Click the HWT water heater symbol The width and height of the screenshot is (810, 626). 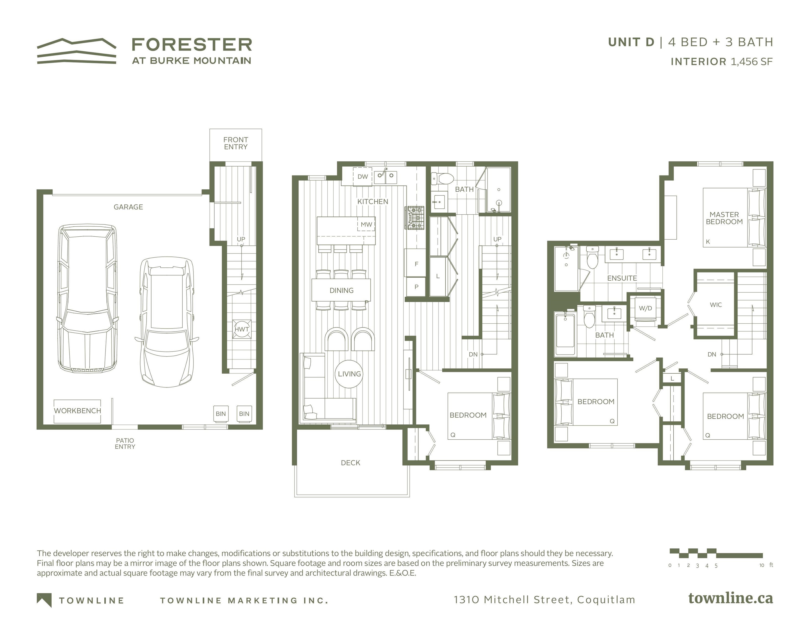click(242, 329)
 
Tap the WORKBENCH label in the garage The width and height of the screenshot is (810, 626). click(77, 411)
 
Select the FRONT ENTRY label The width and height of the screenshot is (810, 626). click(236, 143)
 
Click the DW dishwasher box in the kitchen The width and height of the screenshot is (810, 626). click(362, 177)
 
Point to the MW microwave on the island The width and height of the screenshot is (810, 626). click(366, 224)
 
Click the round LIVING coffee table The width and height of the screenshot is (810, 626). click(349, 374)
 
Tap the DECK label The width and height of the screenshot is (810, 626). click(351, 462)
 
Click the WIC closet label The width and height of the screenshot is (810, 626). click(716, 305)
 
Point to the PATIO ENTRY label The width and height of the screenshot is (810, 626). click(125, 443)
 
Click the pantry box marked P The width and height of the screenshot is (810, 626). click(416, 287)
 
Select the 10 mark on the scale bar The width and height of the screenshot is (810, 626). click(761, 565)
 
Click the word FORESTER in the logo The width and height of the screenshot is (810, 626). click(192, 45)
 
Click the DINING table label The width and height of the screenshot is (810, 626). click(341, 290)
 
